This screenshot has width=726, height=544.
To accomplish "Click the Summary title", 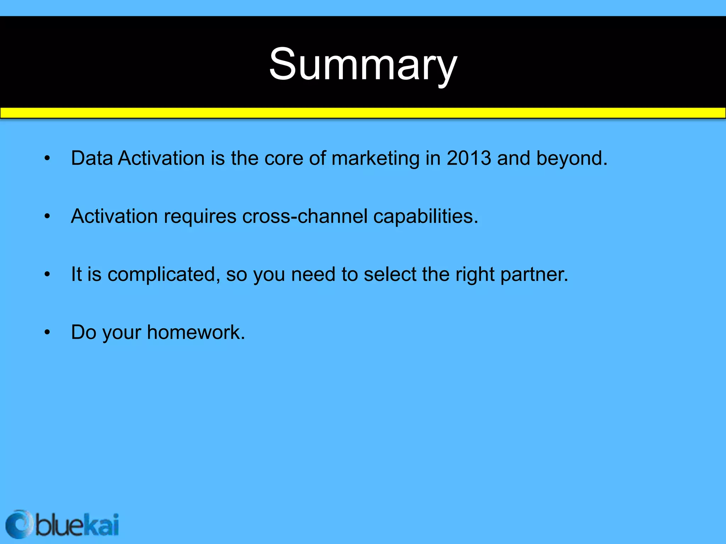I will tap(363, 66).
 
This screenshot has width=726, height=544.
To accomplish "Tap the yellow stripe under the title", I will tap(363, 113).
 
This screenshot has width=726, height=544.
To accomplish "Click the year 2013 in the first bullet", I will tap(469, 158).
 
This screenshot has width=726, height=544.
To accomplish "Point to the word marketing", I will tap(375, 159).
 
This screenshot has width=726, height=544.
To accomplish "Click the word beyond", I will tap(571, 159).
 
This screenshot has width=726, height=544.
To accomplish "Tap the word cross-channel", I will tap(305, 216).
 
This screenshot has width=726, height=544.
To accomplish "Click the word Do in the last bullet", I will tap(84, 332).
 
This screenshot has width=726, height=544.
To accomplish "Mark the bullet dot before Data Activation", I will tap(47, 159).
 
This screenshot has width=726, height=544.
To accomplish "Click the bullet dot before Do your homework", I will tap(47, 333).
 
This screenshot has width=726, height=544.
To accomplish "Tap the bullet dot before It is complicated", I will tap(47, 274).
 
